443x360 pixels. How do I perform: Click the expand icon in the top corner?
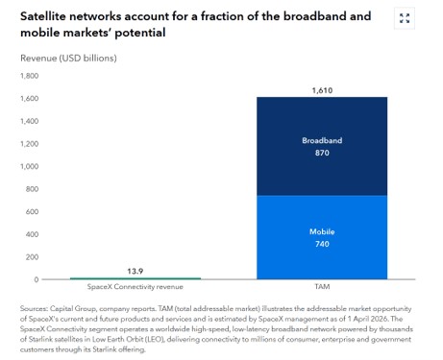(x=405, y=18)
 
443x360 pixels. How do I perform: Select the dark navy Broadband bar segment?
(x=322, y=146)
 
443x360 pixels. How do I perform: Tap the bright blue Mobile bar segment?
(x=322, y=237)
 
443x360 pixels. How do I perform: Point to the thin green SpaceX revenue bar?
(x=135, y=278)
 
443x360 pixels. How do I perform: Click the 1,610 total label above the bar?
(x=322, y=90)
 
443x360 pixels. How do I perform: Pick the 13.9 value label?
(x=135, y=272)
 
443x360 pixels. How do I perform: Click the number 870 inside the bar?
(x=322, y=153)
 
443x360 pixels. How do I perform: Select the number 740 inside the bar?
(x=322, y=244)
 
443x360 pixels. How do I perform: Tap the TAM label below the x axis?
(x=322, y=286)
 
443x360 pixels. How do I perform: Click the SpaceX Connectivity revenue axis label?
(x=135, y=287)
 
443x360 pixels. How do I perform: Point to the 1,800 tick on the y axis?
(x=29, y=76)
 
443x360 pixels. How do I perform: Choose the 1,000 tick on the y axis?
(x=29, y=166)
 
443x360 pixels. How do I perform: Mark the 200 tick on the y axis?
(x=32, y=257)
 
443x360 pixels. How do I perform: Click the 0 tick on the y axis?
(x=37, y=279)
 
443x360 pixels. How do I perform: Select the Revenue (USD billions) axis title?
(x=68, y=59)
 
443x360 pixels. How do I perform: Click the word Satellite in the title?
(x=43, y=16)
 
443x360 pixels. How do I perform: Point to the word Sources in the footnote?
(x=34, y=308)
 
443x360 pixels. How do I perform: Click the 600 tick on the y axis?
(x=32, y=211)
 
